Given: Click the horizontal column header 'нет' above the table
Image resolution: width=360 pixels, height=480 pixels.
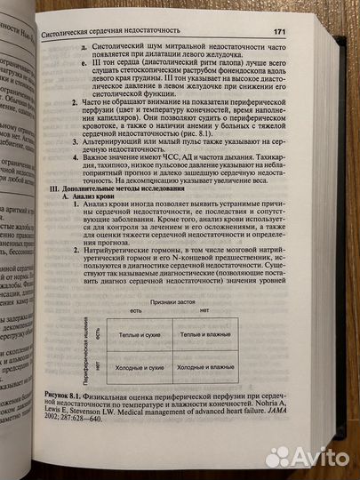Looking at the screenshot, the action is pyautogui.click(x=206, y=311).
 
